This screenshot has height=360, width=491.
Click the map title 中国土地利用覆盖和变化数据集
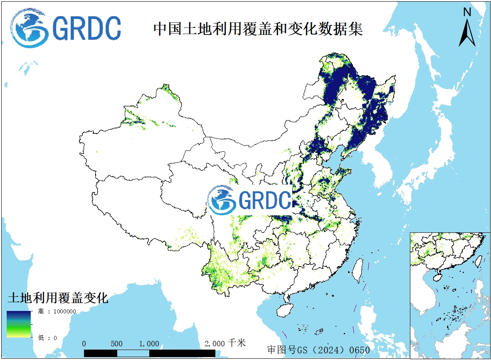(x=258, y=29)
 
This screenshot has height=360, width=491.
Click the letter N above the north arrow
(x=467, y=12)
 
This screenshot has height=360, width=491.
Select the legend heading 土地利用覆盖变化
(x=58, y=298)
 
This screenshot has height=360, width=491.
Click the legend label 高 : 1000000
(x=57, y=311)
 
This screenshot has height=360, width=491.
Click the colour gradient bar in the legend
(x=19, y=324)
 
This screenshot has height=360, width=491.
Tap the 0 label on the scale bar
(x=84, y=344)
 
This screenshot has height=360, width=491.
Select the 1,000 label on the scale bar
(x=149, y=344)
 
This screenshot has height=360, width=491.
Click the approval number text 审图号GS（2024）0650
(x=318, y=350)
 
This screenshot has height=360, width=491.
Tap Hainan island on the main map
(x=284, y=310)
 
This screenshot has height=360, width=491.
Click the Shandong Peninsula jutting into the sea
(x=345, y=173)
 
